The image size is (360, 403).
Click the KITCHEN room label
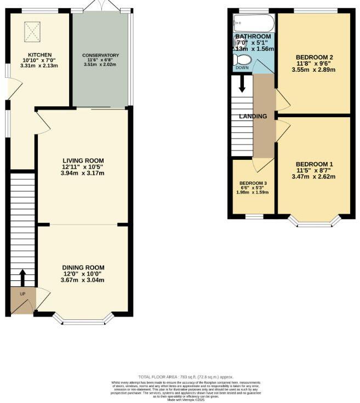[41, 55]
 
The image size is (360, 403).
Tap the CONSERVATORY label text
[100, 56]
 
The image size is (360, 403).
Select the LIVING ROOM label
[83, 160]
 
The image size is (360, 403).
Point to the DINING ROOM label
[83, 267]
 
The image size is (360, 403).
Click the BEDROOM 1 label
[314, 164]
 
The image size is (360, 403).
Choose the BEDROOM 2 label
[314, 57]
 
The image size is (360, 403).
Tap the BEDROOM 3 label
[253, 183]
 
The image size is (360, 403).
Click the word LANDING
[253, 116]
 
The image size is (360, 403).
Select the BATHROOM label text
[253, 37]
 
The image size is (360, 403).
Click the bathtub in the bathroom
[253, 23]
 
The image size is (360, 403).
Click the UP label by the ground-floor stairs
[22, 294]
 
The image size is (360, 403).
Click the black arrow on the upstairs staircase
[242, 85]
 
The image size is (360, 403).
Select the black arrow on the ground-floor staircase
[22, 277]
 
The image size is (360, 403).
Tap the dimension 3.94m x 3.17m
[83, 174]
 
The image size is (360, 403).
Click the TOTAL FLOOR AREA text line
[186, 377]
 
